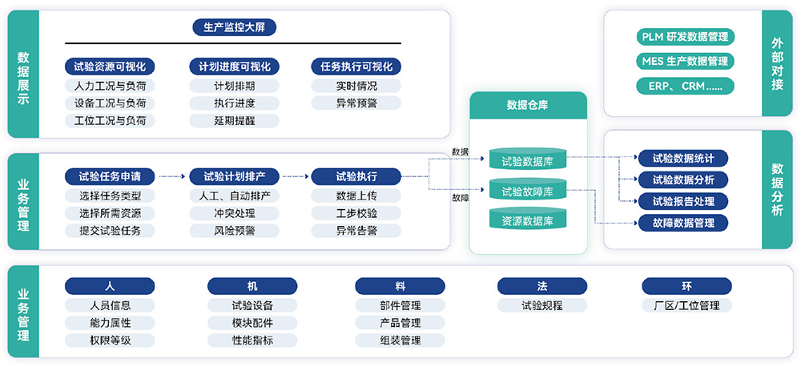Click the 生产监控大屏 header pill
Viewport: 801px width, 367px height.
click(234, 28)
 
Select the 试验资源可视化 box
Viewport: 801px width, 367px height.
click(110, 67)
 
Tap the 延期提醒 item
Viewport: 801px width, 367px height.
click(234, 121)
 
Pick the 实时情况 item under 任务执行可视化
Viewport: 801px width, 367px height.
click(356, 86)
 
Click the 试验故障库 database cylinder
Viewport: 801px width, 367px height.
click(528, 191)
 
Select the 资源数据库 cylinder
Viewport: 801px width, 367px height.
click(528, 220)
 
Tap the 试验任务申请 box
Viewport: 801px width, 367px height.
click(110, 176)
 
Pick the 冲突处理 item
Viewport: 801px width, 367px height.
click(234, 213)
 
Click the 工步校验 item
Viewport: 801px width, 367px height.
click(356, 213)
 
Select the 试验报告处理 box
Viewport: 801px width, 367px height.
click(683, 201)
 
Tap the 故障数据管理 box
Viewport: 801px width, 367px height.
click(683, 223)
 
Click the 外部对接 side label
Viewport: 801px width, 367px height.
click(777, 63)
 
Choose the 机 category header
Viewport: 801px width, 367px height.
click(252, 286)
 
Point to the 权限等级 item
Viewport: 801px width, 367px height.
click(110, 341)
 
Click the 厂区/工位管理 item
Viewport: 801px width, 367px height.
click(686, 305)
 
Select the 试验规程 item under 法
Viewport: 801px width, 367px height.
click(541, 305)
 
